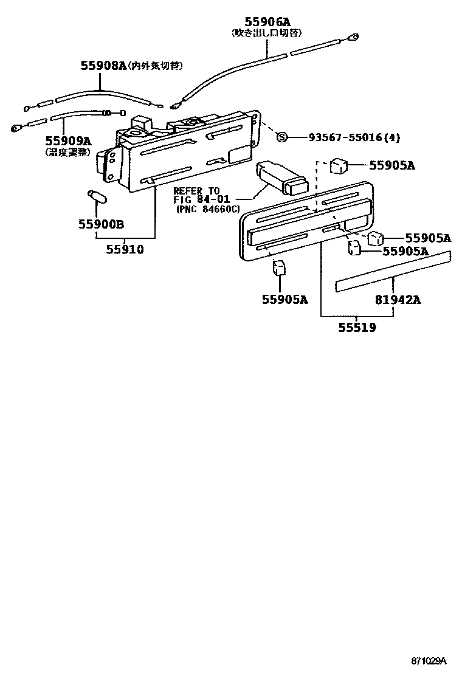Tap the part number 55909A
(69, 140)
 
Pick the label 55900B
(101, 224)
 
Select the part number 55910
(125, 249)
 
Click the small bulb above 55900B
(97, 197)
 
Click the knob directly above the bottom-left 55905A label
(280, 267)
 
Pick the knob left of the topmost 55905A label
(339, 165)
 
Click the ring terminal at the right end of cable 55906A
(352, 38)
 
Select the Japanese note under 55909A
(68, 152)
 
